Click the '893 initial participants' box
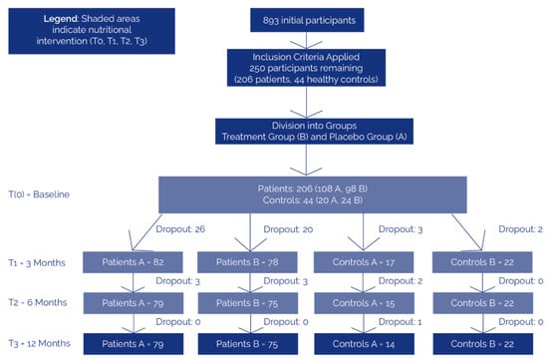point(307,20)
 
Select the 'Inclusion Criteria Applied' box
point(306,68)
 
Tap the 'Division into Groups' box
point(314,132)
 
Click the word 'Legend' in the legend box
point(60,19)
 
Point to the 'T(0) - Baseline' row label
point(39,194)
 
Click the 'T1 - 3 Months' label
point(37,262)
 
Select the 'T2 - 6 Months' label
point(38,302)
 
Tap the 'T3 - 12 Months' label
point(39,344)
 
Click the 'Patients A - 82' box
point(133,262)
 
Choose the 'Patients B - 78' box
point(247,262)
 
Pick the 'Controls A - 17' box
point(364,262)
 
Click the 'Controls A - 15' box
point(364,303)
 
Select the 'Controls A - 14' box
point(364,344)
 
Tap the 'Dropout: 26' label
point(180,229)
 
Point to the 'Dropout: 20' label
point(288,229)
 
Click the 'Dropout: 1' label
point(401,321)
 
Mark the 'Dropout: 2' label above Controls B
point(520,229)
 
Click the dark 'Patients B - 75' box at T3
point(248,344)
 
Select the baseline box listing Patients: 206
point(313,194)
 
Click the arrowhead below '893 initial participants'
point(307,45)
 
